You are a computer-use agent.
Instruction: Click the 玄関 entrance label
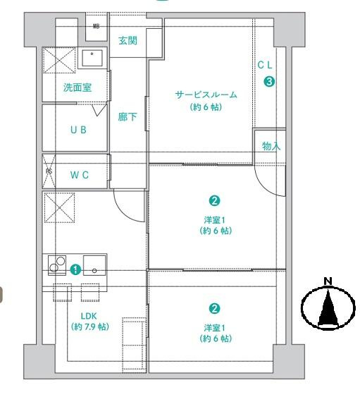tap(128, 40)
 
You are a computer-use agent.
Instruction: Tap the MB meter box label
tap(97, 27)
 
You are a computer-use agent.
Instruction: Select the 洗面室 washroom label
tap(77, 88)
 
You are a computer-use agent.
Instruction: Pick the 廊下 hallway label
tap(128, 117)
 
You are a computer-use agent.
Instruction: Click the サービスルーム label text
tap(206, 94)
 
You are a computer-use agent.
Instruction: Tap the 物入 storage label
tap(271, 147)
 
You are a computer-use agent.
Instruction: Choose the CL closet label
tap(266, 64)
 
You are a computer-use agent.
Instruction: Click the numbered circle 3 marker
tap(268, 81)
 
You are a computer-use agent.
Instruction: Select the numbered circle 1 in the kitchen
tap(75, 269)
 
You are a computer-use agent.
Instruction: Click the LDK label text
tap(89, 316)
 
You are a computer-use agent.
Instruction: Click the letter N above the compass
tap(327, 281)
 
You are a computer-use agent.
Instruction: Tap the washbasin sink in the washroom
tap(92, 58)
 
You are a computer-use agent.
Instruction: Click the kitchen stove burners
tap(56, 264)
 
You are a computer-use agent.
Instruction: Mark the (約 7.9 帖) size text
tap(89, 326)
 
